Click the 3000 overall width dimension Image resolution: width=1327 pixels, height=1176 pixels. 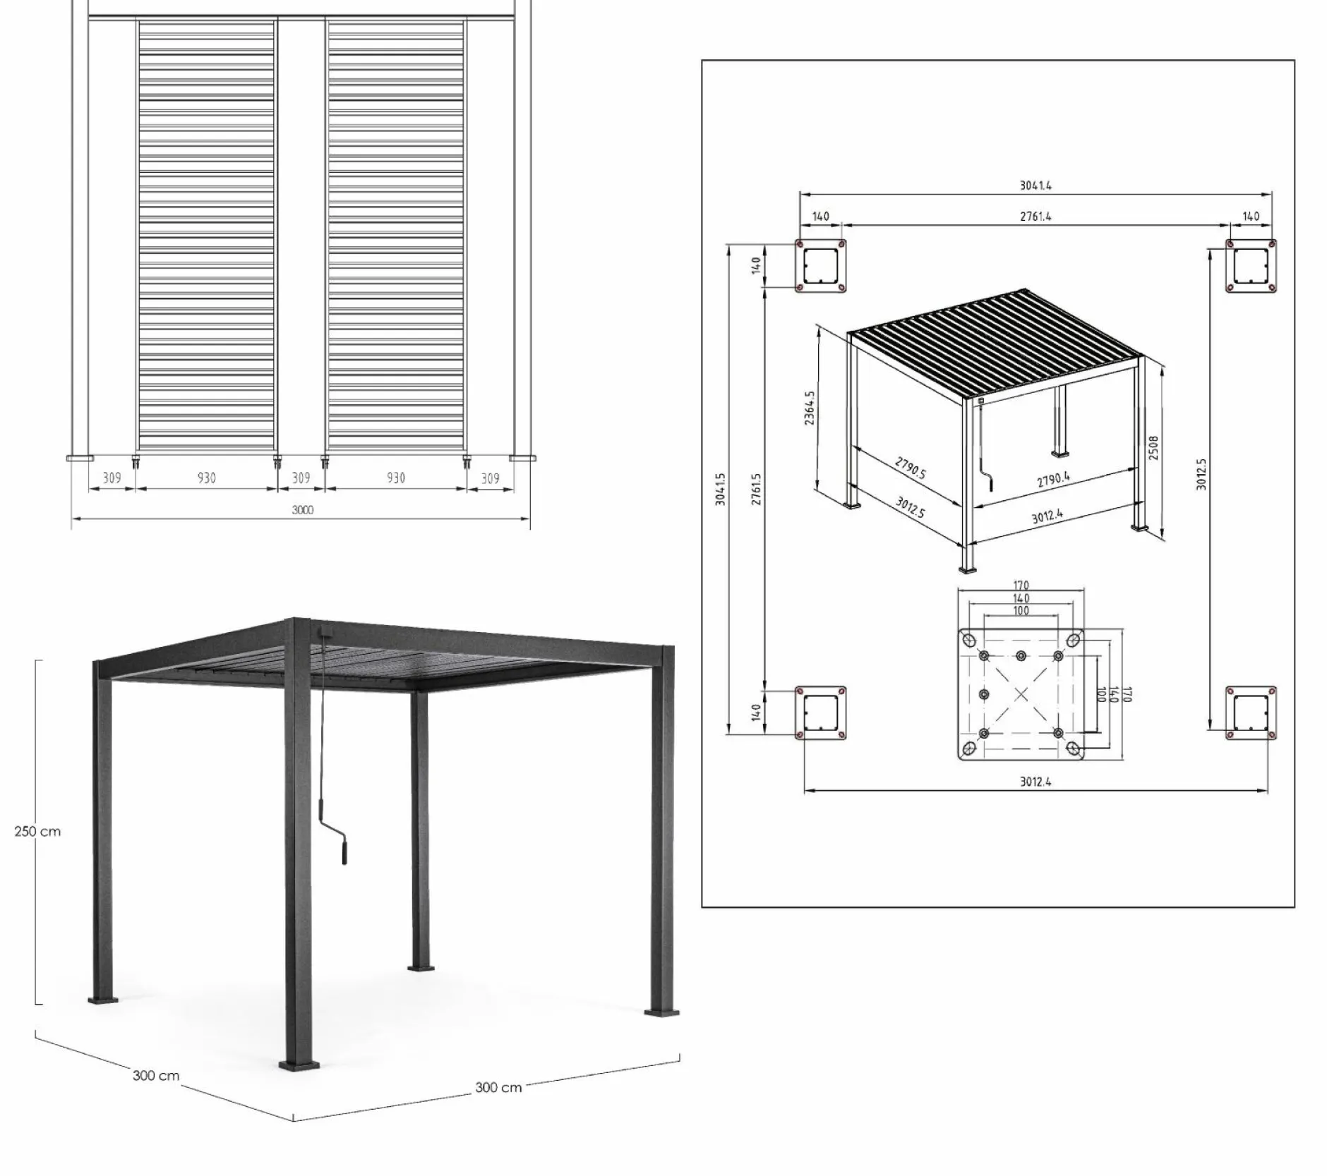click(302, 509)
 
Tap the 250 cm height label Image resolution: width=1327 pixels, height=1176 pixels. click(37, 831)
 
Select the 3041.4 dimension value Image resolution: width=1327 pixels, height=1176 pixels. click(1035, 186)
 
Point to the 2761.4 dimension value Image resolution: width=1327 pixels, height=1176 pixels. click(1035, 217)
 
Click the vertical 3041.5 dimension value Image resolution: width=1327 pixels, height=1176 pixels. click(720, 490)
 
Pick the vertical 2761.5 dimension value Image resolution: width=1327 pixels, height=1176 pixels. click(756, 490)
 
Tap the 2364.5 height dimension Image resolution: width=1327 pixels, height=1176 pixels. click(809, 408)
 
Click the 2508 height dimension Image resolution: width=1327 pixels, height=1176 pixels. click(1153, 448)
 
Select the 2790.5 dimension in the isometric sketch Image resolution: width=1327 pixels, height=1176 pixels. click(910, 468)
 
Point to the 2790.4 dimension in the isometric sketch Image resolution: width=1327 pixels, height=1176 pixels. click(1053, 480)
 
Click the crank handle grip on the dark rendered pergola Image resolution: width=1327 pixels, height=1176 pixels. click(344, 851)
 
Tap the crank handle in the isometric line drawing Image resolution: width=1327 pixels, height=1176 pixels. click(990, 483)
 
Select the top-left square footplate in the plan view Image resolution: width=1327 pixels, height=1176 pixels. click(820, 266)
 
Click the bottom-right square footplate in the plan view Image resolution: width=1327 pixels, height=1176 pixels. click(1250, 713)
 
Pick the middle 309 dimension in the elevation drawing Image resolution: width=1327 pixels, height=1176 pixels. click(301, 478)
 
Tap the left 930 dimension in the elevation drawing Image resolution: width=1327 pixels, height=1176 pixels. click(206, 478)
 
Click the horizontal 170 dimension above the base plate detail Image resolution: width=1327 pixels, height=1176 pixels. click(1021, 586)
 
